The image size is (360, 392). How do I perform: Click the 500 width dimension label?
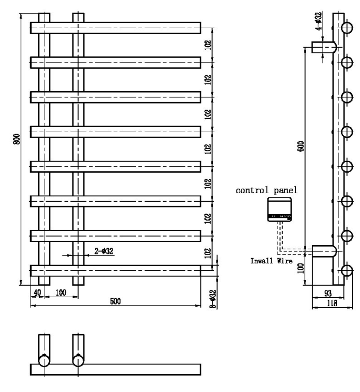[116, 301]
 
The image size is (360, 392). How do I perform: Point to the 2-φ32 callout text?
[103, 251]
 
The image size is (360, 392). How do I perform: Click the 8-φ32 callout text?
[213, 298]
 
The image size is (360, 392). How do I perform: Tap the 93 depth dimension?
[327, 292]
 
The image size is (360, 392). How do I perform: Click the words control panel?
[267, 190]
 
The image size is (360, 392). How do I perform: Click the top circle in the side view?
[347, 27]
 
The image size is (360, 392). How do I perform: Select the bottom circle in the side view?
[347, 270]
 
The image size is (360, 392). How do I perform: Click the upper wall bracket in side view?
[324, 47]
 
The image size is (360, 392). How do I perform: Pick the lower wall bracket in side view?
[324, 251]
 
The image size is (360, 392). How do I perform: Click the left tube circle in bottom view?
[44, 360]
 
